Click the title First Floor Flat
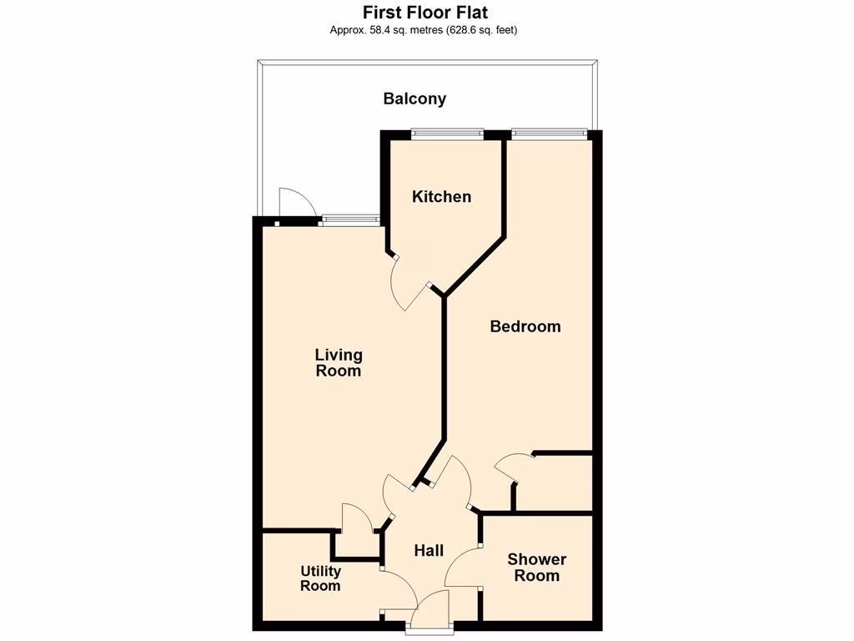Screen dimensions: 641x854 coord(425,13)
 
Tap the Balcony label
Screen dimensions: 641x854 coord(414,98)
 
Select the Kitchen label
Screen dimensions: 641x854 coord(442,197)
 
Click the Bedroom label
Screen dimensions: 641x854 coord(525,326)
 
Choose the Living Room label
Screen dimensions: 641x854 coord(338,363)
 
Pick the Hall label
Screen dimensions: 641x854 coord(429,551)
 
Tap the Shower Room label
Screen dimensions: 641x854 coord(537,568)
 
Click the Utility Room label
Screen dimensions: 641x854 coord(321,578)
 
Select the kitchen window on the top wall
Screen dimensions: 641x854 coord(448,132)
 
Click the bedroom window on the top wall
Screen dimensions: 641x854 coord(548,132)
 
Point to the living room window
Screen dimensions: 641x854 coord(351,220)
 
